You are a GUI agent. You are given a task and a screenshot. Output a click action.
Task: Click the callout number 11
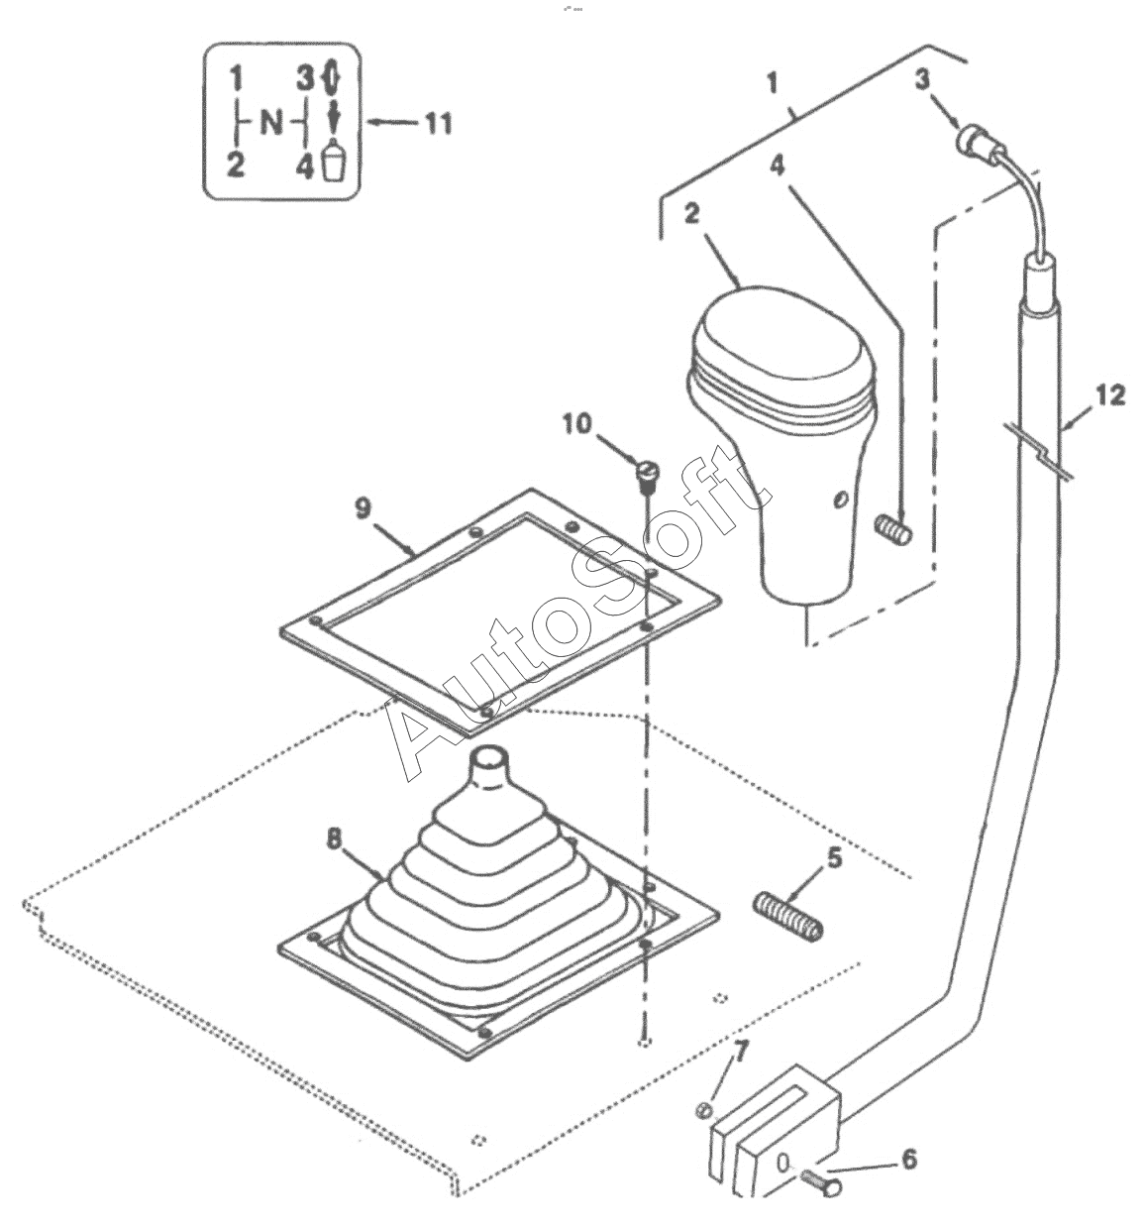click(x=438, y=124)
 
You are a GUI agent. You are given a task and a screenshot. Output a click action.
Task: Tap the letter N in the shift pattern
click(x=270, y=124)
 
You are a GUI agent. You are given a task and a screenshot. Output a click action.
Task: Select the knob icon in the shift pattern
click(x=333, y=162)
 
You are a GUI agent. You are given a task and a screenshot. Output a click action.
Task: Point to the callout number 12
click(x=1109, y=395)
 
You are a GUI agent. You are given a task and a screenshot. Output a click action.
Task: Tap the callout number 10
click(x=576, y=425)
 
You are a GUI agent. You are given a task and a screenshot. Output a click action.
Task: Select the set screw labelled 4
click(x=893, y=531)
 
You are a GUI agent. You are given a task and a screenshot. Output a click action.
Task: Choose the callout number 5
click(x=834, y=859)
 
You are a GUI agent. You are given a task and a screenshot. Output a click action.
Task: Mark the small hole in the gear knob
click(x=839, y=498)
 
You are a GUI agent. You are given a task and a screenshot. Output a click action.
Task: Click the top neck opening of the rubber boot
click(x=489, y=757)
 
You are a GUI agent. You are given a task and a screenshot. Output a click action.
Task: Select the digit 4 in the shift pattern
click(x=304, y=167)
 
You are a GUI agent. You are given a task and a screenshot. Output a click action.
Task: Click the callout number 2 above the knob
click(x=691, y=214)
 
